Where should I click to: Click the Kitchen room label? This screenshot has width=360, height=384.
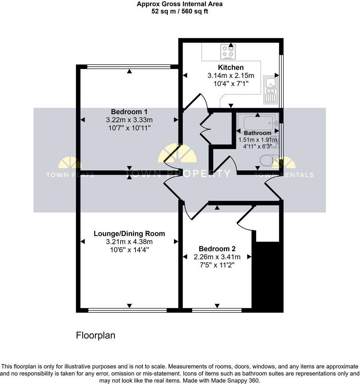click(x=231, y=67)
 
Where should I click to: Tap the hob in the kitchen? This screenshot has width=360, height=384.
click(x=228, y=52)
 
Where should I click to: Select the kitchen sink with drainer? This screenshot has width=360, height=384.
click(x=271, y=90)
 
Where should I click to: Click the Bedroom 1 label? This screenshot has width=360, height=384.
click(x=129, y=112)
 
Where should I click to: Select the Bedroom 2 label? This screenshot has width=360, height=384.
click(x=217, y=249)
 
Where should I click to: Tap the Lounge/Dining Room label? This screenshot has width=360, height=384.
click(x=129, y=234)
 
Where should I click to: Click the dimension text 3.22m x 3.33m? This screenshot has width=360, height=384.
click(x=129, y=120)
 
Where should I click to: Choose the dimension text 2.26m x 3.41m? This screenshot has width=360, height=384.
click(x=217, y=257)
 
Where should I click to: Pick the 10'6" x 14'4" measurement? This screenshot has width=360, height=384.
click(x=129, y=250)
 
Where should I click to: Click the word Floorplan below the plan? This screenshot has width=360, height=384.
click(x=96, y=335)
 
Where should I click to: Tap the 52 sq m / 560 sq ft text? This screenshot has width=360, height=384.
click(x=180, y=11)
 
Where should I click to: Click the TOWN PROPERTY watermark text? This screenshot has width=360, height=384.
click(x=178, y=174)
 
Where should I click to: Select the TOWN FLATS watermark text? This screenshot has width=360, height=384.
click(x=70, y=175)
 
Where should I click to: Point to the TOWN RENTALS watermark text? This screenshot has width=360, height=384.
click(x=284, y=175)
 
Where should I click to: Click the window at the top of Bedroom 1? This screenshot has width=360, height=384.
click(x=129, y=66)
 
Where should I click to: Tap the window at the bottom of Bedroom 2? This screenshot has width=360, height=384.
click(x=217, y=310)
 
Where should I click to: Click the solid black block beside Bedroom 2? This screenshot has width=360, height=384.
click(x=268, y=277)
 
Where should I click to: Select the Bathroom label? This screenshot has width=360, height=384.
click(x=257, y=133)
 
